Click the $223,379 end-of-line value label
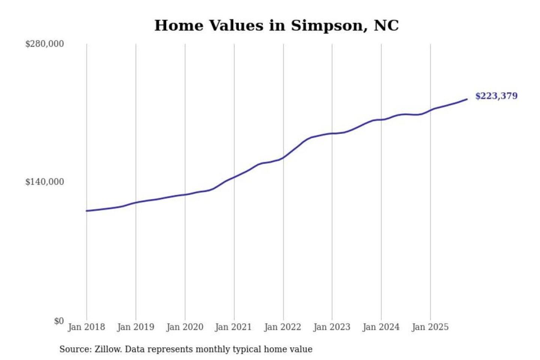[496, 96]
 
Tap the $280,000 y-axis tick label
[45, 44]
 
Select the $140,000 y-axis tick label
[45, 182]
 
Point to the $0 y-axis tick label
[59, 321]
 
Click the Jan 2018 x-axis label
[86, 327]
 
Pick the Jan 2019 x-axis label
[135, 327]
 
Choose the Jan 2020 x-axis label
[184, 327]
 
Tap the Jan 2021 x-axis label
[233, 327]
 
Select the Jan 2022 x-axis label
[282, 327]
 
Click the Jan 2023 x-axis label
[331, 327]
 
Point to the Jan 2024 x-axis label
[381, 327]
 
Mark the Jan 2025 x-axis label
[430, 327]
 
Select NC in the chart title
[386, 25]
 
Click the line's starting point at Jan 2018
[87, 211]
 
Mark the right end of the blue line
[467, 99]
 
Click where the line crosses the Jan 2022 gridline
[283, 157]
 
